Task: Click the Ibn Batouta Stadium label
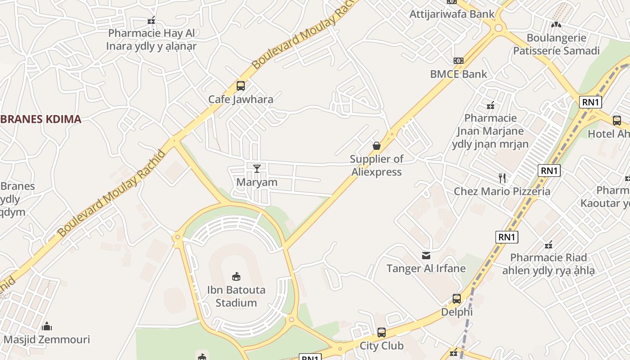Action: [236, 296]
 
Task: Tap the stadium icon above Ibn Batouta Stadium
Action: [236, 276]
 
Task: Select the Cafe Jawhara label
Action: [241, 99]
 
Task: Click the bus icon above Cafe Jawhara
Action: [241, 85]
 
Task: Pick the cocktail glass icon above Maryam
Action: [257, 169]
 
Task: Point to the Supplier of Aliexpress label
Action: [377, 165]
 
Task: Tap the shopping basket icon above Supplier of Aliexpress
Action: [377, 146]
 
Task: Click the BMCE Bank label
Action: [459, 74]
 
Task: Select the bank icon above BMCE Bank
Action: [459, 60]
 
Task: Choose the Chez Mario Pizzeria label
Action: [502, 191]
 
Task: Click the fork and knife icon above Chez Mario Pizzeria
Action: [502, 178]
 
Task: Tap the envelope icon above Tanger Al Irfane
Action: [426, 256]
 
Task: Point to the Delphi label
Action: [457, 312]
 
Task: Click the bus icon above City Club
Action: [382, 333]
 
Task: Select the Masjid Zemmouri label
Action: [47, 339]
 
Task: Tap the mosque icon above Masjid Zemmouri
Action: [47, 326]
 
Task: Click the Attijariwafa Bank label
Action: [452, 14]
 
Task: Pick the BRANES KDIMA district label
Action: [40, 119]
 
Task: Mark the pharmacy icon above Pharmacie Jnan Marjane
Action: [490, 106]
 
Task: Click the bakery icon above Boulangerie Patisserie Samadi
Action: [557, 24]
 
